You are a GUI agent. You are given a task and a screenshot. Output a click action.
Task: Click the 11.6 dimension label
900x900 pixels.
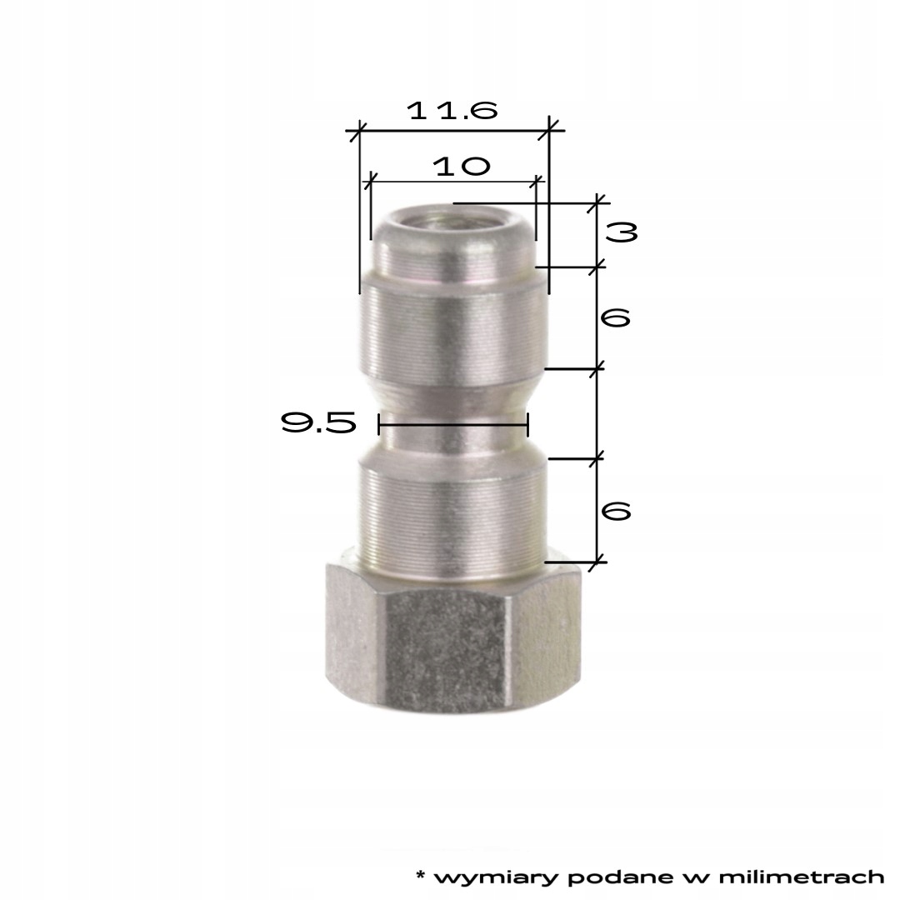452,112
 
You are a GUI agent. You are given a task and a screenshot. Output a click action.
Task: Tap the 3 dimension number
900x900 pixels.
621,233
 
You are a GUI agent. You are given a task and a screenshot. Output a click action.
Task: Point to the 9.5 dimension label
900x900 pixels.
318,424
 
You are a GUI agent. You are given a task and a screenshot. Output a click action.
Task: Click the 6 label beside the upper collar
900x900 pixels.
615,317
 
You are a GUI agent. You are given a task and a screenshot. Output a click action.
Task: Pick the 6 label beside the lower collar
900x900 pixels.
615,511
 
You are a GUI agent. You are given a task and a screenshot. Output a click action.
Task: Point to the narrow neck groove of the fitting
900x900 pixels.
452,433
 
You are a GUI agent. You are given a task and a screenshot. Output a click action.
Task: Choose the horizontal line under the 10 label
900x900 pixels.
454,180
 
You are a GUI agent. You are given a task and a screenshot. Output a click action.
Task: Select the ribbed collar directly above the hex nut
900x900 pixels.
452,508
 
